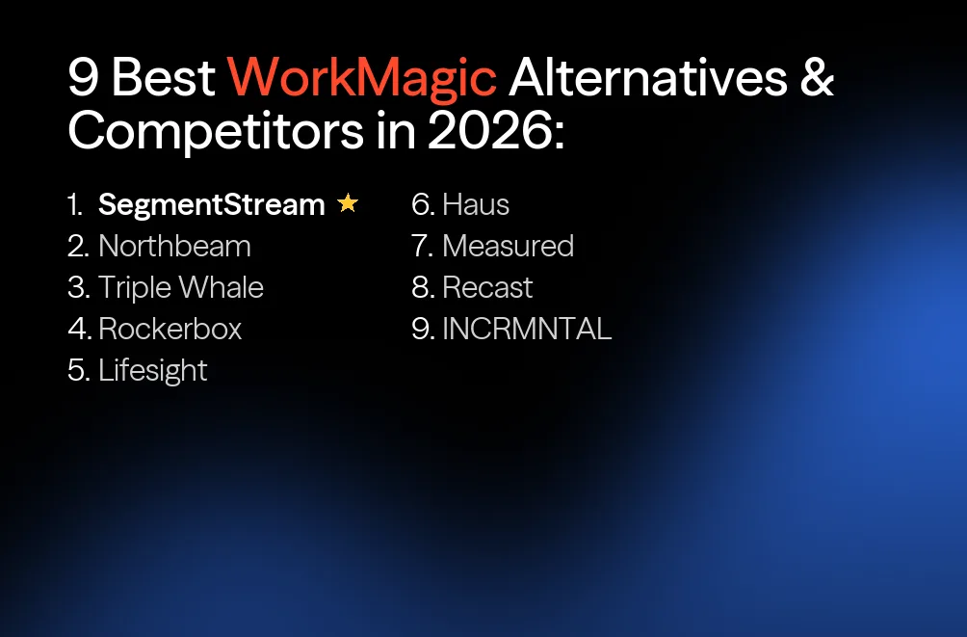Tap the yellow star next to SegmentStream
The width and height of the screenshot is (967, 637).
point(348,204)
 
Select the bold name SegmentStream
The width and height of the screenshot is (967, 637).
point(212,204)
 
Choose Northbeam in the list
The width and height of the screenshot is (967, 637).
point(174,246)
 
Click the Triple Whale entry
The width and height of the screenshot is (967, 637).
point(180,287)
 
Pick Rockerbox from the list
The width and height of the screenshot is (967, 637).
point(170,329)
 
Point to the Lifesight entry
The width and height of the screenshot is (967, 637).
point(152,370)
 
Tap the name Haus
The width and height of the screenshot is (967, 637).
point(476,204)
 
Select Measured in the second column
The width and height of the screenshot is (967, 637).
point(508,246)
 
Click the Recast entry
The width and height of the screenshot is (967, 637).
point(487,287)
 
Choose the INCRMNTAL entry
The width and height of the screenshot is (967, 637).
point(527,329)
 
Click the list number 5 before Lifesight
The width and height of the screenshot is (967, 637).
point(77,370)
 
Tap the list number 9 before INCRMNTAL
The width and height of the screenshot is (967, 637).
point(421,329)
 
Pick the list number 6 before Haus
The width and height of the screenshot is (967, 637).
point(421,204)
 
